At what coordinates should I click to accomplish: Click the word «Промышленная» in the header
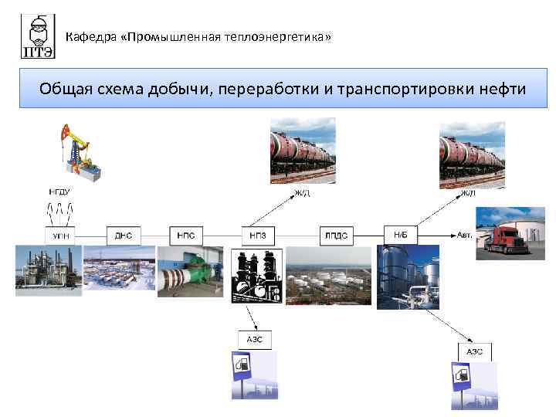tap(178, 36)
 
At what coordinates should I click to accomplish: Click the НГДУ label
tap(60, 191)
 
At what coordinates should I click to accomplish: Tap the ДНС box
tap(124, 234)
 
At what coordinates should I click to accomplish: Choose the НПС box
tap(186, 234)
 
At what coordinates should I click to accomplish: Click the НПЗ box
tap(257, 234)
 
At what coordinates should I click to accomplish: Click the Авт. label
tap(464, 233)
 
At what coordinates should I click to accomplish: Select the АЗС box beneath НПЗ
tap(255, 338)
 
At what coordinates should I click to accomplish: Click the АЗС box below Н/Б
tap(473, 351)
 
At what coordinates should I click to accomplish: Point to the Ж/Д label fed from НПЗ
tap(302, 193)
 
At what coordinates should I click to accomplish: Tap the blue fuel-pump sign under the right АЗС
tap(461, 378)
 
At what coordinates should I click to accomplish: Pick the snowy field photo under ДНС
tap(118, 270)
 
